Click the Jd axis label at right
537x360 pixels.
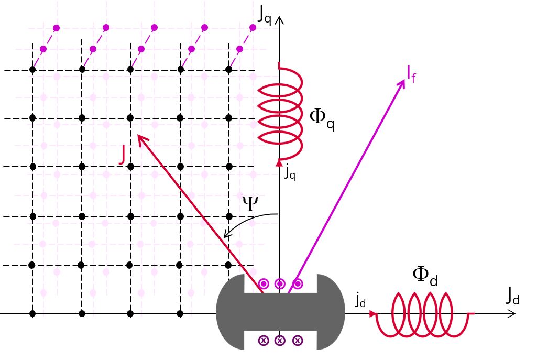pos(512,297)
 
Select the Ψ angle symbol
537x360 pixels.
pos(250,204)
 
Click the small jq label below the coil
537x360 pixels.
pos(290,172)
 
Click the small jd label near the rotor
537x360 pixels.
pos(360,300)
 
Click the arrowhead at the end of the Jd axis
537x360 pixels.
pos(512,314)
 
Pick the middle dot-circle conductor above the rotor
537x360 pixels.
pos(280,284)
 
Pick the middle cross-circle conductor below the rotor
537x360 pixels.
pos(280,341)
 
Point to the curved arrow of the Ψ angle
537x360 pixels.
pos(246,222)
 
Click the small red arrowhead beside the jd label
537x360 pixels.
pos(372,314)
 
